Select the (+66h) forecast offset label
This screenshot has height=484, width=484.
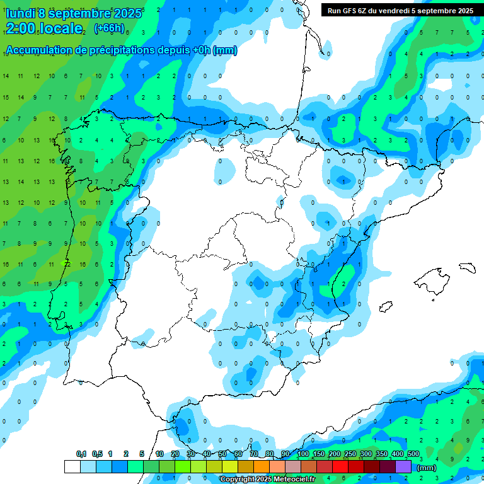tap(109, 28)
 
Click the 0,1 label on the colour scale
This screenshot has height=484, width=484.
tap(81, 454)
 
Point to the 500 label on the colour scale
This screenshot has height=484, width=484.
tap(413, 454)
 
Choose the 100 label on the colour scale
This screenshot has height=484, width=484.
tap(303, 454)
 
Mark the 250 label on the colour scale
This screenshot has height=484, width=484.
tap(350, 454)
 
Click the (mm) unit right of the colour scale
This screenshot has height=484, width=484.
tap(427, 468)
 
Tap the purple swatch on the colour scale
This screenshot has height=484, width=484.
tap(403, 466)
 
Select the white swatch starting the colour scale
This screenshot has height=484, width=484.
tap(72, 466)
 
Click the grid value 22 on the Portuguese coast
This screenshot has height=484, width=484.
tap(66, 264)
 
